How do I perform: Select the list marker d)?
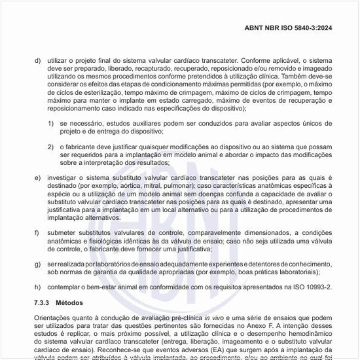pos(37,60)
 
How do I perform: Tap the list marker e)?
pos(37,177)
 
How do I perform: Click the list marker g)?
pos(37,263)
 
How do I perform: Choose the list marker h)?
pos(37,287)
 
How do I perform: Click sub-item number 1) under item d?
pos(50,122)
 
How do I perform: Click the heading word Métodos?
pos(69,304)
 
